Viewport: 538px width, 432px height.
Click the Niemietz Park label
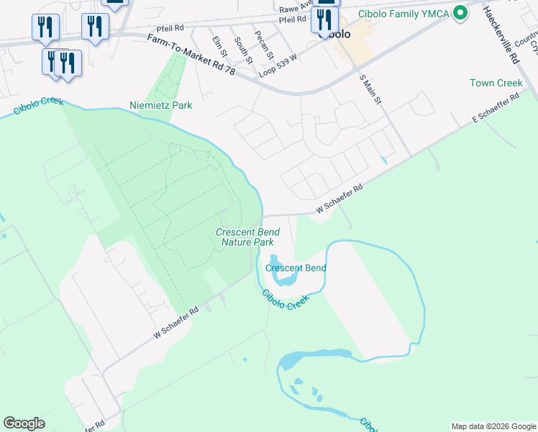pos(161,105)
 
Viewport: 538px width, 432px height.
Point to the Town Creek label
pos(496,84)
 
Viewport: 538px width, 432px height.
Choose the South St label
pos(242,48)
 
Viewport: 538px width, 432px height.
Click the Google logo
pos(24,423)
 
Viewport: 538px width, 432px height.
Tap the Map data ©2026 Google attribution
pos(493,426)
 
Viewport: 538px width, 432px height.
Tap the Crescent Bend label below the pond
pos(296,269)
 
